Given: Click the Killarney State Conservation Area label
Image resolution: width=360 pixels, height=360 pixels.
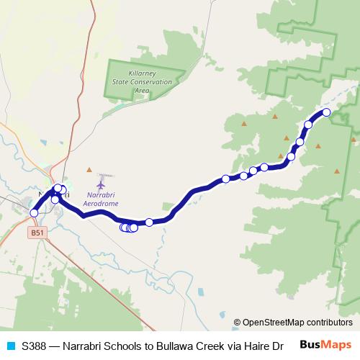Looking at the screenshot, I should click(141, 82).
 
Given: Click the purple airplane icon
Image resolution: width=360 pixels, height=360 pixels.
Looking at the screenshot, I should click(101, 186).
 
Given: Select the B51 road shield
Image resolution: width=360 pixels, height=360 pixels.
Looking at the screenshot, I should click(37, 233).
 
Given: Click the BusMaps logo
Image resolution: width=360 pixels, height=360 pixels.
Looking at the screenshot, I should click(325, 345).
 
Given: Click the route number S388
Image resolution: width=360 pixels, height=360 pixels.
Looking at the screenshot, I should click(34, 346).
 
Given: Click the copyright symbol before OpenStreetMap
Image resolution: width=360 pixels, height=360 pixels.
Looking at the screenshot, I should click(237, 323).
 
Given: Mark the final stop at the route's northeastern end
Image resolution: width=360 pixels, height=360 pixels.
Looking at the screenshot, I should click(326, 112).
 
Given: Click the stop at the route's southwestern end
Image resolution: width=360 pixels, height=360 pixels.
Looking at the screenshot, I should click(34, 213).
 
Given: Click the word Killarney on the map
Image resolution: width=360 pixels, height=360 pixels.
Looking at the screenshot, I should click(142, 74).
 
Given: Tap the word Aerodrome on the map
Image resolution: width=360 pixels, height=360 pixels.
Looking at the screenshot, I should click(102, 204).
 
